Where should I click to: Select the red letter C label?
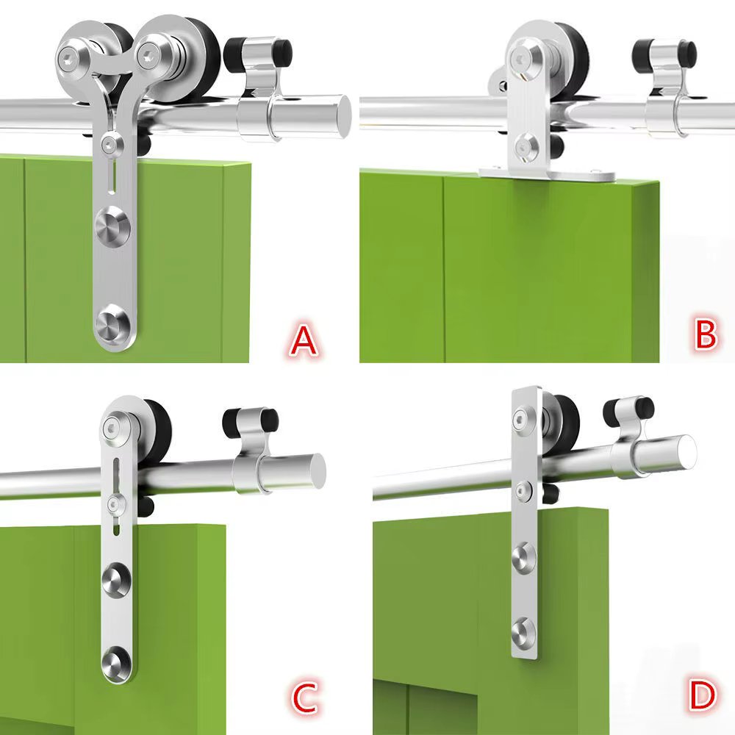tap(304, 699)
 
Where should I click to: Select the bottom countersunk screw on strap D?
tap(523, 629)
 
